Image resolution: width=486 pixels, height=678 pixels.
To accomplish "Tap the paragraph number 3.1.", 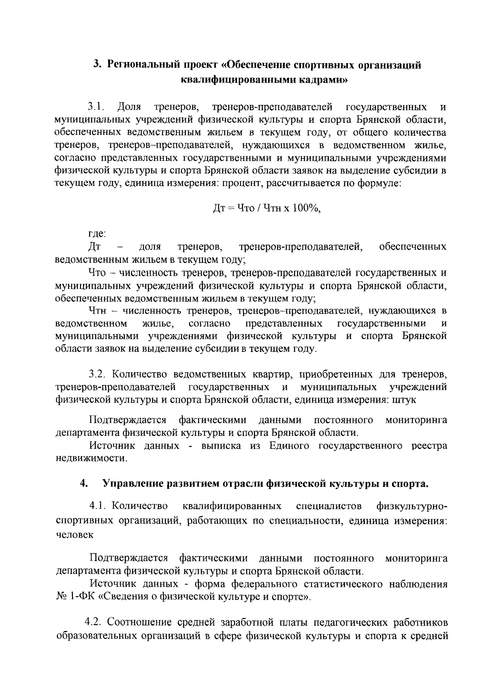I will coord(97,107).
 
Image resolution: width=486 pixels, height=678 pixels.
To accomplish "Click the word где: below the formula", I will coord(97,234).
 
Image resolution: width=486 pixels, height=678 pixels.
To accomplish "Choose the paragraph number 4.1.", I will coord(98,506).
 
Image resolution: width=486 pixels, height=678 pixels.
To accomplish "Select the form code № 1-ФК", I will coord(75,597).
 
